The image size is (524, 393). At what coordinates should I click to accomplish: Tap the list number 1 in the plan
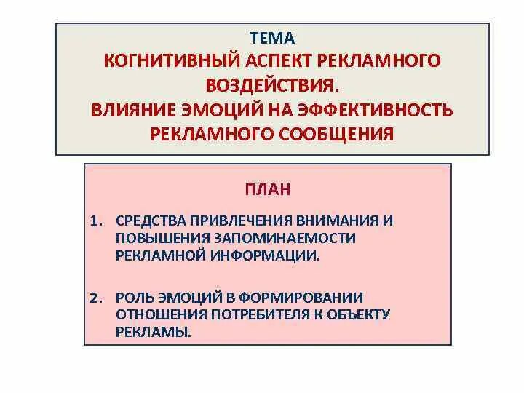click(x=95, y=220)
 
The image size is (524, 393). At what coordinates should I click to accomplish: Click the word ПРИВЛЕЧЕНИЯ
click(x=239, y=220)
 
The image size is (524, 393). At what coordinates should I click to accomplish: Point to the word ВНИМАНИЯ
click(x=336, y=220)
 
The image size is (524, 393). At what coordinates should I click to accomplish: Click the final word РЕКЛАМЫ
click(x=153, y=332)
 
